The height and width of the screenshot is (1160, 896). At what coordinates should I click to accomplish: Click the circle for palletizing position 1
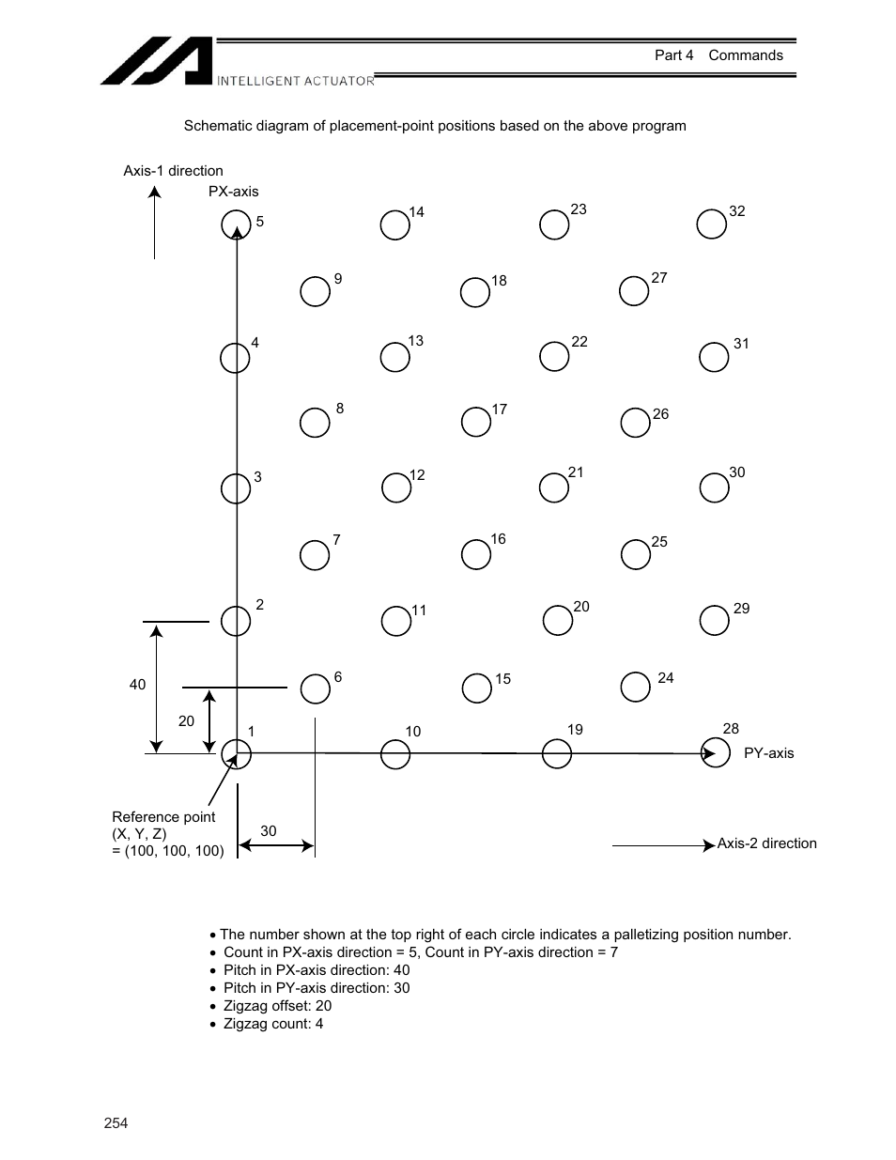[236, 753]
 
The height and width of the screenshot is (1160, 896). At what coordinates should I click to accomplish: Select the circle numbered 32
[712, 224]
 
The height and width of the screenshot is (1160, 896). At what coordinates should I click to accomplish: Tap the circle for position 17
[476, 423]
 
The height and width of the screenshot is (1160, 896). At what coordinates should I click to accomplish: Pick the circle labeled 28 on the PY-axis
[716, 753]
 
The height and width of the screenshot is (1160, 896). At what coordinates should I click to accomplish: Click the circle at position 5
[236, 224]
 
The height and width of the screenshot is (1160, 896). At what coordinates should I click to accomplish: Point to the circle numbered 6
[315, 689]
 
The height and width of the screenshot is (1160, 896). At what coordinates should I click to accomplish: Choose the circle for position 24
[636, 687]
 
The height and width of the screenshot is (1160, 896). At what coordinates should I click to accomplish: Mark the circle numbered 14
[395, 225]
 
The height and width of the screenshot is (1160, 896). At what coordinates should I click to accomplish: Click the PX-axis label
[233, 192]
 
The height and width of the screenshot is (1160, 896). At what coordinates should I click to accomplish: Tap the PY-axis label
[768, 753]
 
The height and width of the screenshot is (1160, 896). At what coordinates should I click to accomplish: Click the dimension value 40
[138, 685]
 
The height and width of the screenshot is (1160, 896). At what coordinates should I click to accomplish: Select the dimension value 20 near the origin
[186, 721]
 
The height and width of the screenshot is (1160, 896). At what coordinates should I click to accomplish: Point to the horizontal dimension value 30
[269, 831]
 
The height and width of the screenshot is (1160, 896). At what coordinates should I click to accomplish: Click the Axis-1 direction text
[173, 171]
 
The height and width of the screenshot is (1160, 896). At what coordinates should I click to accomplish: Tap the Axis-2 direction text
[766, 843]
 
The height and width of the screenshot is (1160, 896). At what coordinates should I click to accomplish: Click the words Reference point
[163, 817]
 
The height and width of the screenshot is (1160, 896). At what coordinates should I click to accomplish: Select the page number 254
[116, 1123]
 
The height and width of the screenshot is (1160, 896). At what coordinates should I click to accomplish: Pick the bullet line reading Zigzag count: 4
[273, 1024]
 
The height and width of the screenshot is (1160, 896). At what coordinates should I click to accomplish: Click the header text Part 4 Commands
[718, 55]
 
